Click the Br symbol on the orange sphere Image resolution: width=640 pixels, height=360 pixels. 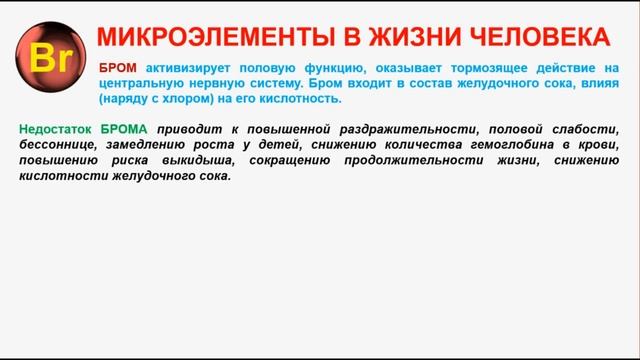(x=47, y=59)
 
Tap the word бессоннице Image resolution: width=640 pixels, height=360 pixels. (x=54, y=146)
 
